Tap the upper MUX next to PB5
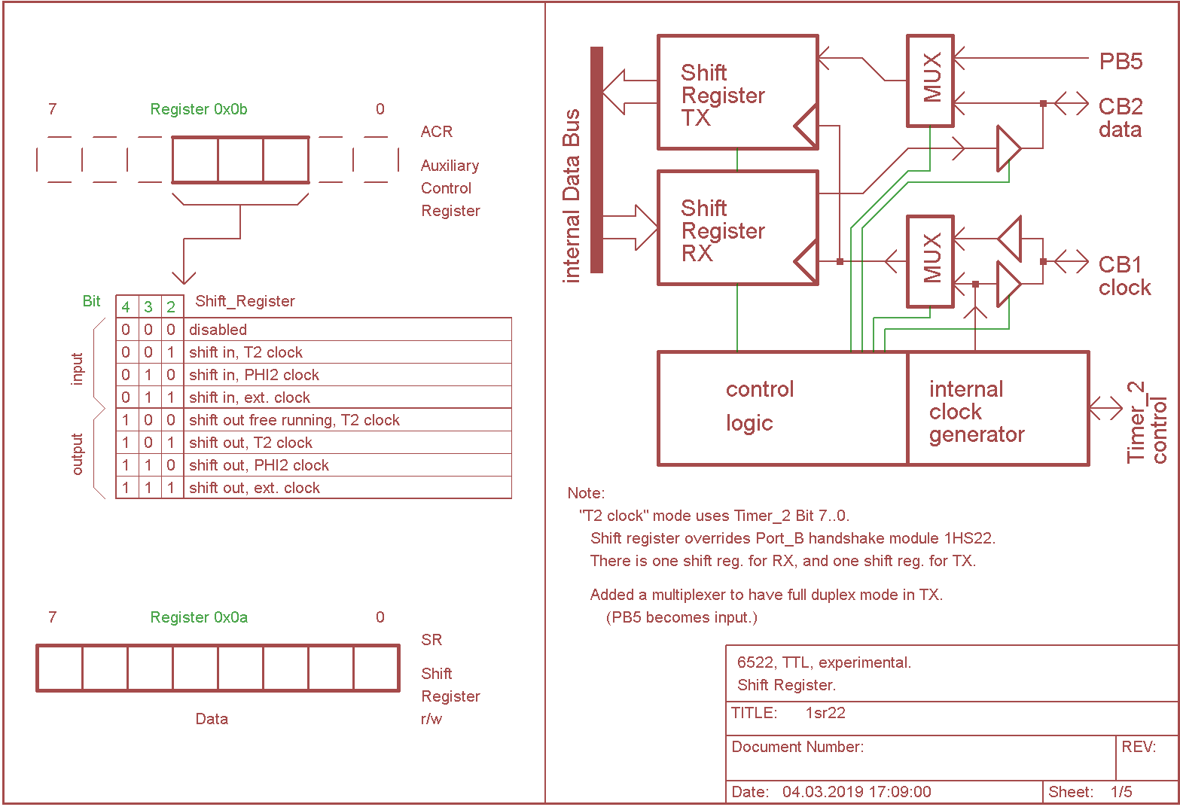pos(931,80)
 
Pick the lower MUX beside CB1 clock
pos(931,260)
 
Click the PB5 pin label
pos(1121,62)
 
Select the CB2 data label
pos(1120,117)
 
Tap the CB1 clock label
pos(1124,276)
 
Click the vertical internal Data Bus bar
pos(596,160)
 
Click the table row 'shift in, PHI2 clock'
pos(254,375)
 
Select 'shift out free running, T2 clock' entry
pos(294,420)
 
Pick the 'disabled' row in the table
pos(218,330)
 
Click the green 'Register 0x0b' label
pos(199,109)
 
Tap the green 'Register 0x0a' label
pos(199,617)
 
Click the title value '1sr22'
pos(825,713)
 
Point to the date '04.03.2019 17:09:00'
pos(856,792)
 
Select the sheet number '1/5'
pos(1121,792)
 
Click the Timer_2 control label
pos(1146,422)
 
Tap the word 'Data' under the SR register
pos(212,719)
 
